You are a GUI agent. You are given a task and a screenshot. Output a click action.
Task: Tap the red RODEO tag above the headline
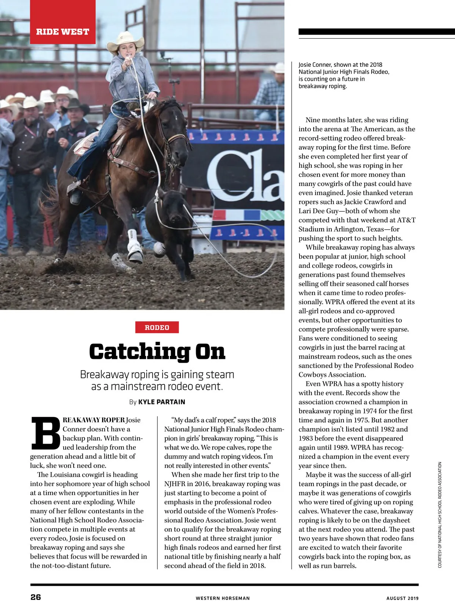click(157, 327)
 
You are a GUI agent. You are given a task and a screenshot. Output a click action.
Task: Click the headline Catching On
click(157, 351)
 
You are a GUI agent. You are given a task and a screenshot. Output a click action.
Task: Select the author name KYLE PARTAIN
click(162, 402)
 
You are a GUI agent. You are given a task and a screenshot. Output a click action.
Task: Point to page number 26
click(36, 597)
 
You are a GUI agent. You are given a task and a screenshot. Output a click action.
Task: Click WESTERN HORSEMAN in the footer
click(223, 598)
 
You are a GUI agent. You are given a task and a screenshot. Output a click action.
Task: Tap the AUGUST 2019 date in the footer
click(402, 598)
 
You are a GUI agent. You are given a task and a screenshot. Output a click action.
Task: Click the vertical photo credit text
click(440, 515)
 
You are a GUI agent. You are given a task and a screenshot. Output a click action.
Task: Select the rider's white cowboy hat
click(126, 40)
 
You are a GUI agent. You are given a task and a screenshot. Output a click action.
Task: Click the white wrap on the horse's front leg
click(133, 243)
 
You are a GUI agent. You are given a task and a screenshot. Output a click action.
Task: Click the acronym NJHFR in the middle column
click(175, 484)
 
